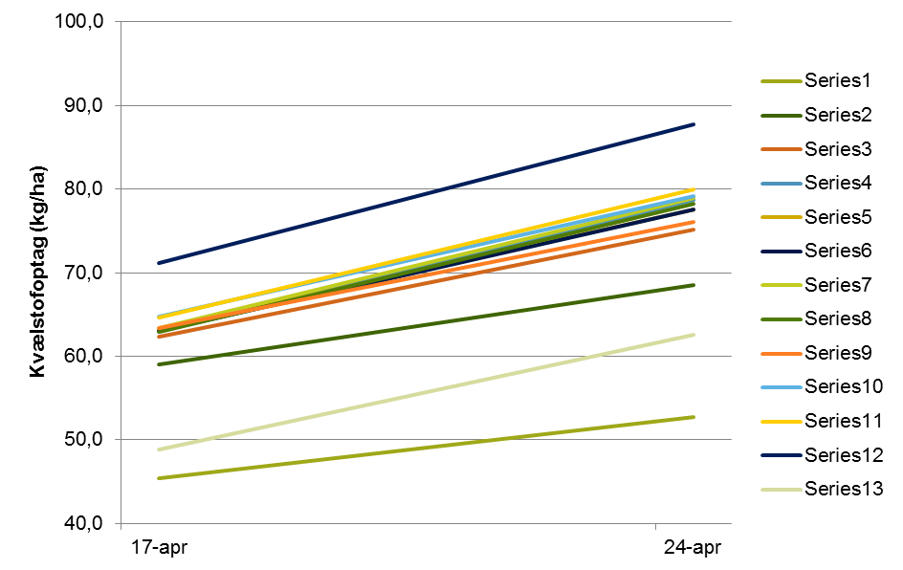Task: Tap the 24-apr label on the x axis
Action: (693, 548)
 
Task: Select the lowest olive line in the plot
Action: (426, 448)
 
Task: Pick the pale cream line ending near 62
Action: (426, 392)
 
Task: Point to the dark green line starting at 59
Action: (426, 324)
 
